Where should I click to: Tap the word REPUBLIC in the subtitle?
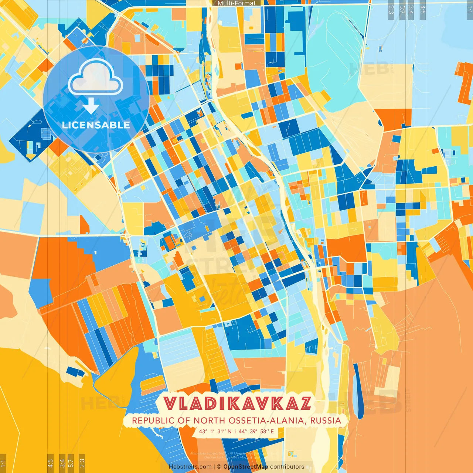pyautogui.click(x=150, y=421)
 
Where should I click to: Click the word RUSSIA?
pyautogui.click(x=326, y=421)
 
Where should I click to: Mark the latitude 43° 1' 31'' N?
pyautogui.click(x=215, y=431)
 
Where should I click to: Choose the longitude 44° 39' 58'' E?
pyautogui.click(x=256, y=431)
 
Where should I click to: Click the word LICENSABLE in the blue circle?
pyautogui.click(x=96, y=125)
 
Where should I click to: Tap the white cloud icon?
pyautogui.click(x=95, y=76)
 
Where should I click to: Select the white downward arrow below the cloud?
pyautogui.click(x=91, y=106)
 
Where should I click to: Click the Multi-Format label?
pyautogui.click(x=236, y=3)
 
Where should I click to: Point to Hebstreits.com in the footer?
pyautogui.click(x=190, y=467)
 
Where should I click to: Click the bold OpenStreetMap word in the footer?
pyautogui.click(x=246, y=467)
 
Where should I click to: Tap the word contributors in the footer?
pyautogui.click(x=287, y=467)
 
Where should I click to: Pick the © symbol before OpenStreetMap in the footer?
pyautogui.click(x=219, y=467)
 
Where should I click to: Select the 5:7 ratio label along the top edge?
pyautogui.click(x=402, y=10)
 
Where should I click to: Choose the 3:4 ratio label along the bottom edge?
pyautogui.click(x=62, y=462)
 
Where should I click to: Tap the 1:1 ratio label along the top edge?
pyautogui.click(x=470, y=10)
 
